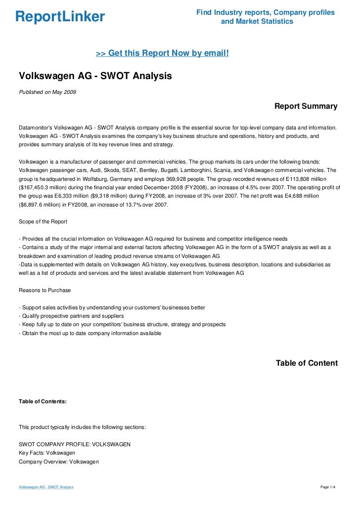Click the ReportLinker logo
pos(60,17)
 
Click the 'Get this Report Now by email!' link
pos(162,53)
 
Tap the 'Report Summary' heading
pos(306,106)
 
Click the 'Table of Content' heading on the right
pos(307,363)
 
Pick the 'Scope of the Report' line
pos(43,221)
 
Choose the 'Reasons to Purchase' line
pos(45,290)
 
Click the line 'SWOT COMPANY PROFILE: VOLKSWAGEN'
pos(75,444)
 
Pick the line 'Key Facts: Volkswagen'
pos(47,453)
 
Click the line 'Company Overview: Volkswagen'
pos(59,462)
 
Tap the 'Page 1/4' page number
pos(328,488)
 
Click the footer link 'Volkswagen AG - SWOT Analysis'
pos(46,488)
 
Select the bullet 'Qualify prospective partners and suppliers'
pos(72,316)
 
